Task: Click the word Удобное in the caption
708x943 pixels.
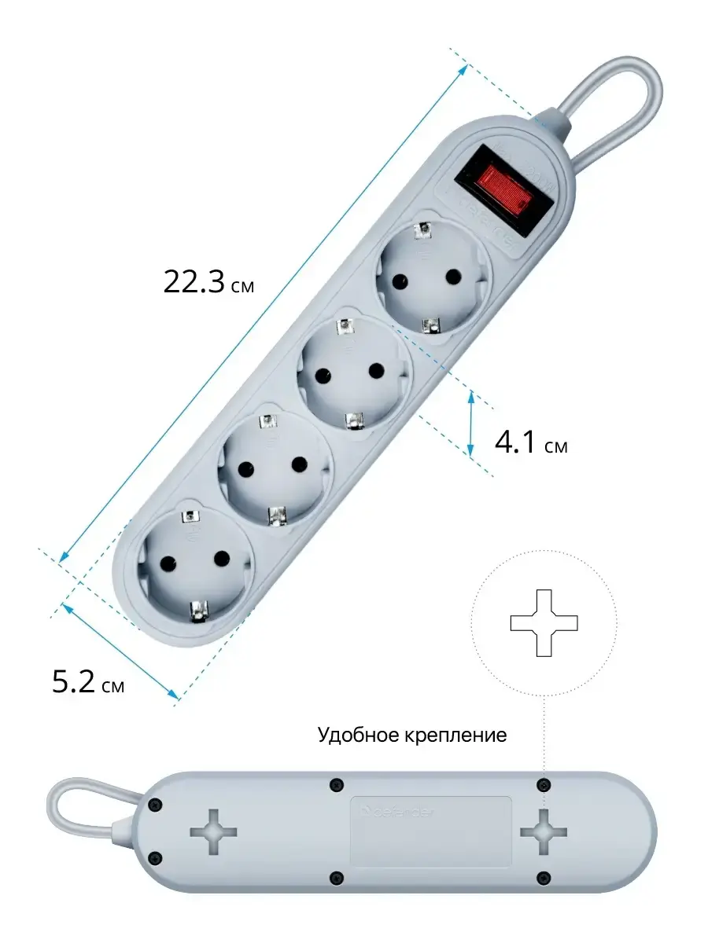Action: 358,736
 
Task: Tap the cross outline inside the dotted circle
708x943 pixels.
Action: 544,623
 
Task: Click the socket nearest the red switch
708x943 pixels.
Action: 430,277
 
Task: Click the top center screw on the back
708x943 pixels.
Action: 337,784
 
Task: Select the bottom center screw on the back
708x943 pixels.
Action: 337,877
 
